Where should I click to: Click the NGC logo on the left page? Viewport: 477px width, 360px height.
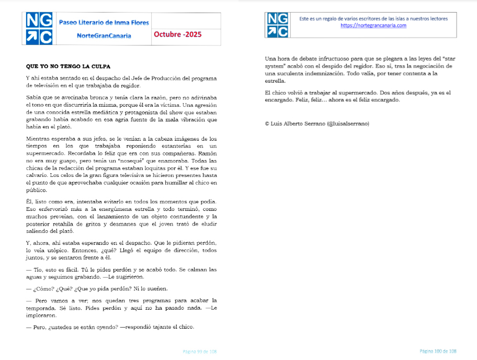point(39,28)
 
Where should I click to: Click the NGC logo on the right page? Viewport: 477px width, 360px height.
point(278,25)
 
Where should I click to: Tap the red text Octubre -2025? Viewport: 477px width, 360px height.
point(177,35)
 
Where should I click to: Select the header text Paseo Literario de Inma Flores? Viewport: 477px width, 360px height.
point(104,22)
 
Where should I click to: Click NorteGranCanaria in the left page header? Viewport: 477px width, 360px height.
point(104,36)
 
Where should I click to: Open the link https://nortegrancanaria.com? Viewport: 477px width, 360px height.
point(373,26)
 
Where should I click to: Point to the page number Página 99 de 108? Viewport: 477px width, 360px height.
point(199,352)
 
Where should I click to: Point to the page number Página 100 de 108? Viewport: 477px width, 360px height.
point(438,351)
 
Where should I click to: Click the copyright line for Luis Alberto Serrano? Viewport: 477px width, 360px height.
point(317,123)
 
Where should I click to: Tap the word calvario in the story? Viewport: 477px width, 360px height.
point(37,175)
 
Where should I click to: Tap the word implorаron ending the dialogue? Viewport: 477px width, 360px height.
point(41,316)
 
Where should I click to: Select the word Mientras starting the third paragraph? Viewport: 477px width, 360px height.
point(38,139)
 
